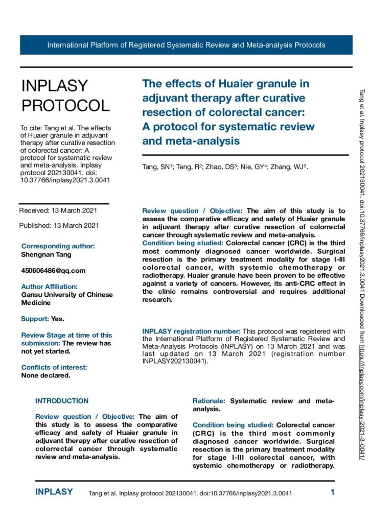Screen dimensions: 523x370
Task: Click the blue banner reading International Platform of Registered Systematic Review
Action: (x=186, y=45)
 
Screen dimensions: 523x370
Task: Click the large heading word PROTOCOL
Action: (x=65, y=106)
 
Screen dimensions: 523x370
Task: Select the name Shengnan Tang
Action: (x=46, y=254)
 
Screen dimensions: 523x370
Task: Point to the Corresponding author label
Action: (x=58, y=246)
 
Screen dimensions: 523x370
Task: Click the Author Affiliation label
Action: (x=50, y=287)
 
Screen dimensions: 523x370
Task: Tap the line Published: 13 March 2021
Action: (x=59, y=225)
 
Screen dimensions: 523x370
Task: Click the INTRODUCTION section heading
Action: (x=62, y=401)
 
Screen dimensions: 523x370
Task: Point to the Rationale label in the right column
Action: (x=210, y=401)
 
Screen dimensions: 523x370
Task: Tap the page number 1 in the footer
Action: (x=332, y=492)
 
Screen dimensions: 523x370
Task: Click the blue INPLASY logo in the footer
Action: (x=54, y=492)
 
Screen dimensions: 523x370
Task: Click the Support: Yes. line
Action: (x=43, y=319)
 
